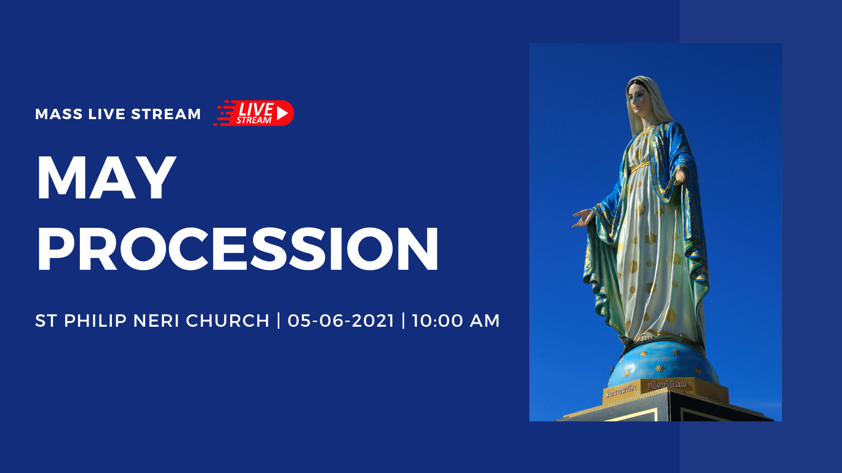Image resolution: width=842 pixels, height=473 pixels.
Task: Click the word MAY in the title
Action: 106,178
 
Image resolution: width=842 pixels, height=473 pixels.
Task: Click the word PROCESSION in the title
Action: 237,250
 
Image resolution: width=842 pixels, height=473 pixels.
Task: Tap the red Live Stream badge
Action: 254,113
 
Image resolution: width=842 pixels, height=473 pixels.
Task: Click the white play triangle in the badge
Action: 282,113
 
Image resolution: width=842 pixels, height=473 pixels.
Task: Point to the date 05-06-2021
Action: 341,321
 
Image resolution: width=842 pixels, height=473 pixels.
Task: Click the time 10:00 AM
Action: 456,321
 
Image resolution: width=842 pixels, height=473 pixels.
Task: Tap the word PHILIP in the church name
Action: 95,321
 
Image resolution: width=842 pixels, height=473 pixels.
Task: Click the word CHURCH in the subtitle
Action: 227,321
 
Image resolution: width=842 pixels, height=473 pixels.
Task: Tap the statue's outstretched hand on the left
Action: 582,218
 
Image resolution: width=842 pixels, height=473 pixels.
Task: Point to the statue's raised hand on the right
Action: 680,175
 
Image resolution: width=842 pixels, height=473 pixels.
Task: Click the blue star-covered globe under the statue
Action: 662,364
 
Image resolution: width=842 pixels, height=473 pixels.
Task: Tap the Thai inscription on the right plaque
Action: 667,385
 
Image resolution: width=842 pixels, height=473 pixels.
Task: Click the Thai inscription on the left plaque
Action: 620,390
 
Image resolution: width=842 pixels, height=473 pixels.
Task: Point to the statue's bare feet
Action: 642,338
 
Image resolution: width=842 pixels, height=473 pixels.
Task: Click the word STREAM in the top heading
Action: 166,114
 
